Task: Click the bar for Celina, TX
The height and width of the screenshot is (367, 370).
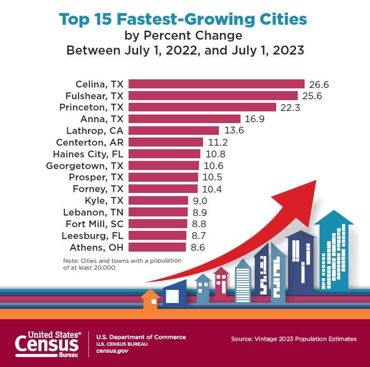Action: (x=217, y=84)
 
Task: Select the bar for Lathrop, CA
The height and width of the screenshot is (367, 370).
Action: (x=174, y=130)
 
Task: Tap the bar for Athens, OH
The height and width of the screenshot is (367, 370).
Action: (x=157, y=247)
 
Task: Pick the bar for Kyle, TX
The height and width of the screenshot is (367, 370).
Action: (x=158, y=201)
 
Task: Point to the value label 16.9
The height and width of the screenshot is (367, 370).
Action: (x=255, y=119)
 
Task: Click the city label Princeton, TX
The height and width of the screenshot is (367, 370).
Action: (x=91, y=107)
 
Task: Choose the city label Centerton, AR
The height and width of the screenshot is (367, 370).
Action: (x=89, y=142)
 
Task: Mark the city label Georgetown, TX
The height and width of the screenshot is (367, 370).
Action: (x=84, y=165)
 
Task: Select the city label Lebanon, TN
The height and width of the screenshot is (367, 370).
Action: (x=94, y=212)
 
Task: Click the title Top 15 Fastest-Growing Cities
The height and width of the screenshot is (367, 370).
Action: (x=183, y=19)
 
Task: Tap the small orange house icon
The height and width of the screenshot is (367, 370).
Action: (x=150, y=299)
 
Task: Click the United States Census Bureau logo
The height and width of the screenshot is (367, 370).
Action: (x=48, y=344)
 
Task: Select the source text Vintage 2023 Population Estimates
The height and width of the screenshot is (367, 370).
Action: (x=293, y=339)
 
